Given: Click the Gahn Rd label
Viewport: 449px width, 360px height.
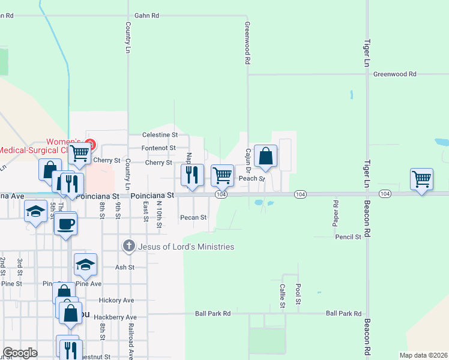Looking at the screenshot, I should (146, 16).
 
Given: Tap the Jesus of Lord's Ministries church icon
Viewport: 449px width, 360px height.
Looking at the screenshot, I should (128, 246).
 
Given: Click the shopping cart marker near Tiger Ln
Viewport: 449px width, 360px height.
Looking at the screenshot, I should (421, 179).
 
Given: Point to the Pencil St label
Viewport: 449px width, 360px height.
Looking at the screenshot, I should (348, 237).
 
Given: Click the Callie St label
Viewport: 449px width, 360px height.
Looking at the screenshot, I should (282, 297).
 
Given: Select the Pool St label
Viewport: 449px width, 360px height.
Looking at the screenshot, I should (298, 295).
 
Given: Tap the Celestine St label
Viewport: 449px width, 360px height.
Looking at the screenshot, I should (160, 135).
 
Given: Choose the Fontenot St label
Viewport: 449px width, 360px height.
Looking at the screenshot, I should (158, 148).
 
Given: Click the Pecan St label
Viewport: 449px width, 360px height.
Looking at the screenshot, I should (194, 217).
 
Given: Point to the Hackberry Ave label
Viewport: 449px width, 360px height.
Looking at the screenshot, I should (119, 317).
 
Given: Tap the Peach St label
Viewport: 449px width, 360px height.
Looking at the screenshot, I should (252, 178).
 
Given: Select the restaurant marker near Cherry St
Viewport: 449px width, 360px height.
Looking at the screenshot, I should (192, 175).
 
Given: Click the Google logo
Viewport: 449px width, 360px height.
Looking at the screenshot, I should (20, 353).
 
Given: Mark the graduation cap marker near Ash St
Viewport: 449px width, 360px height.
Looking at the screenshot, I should (85, 264).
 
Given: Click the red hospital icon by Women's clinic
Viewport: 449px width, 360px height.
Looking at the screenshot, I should (90, 144).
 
